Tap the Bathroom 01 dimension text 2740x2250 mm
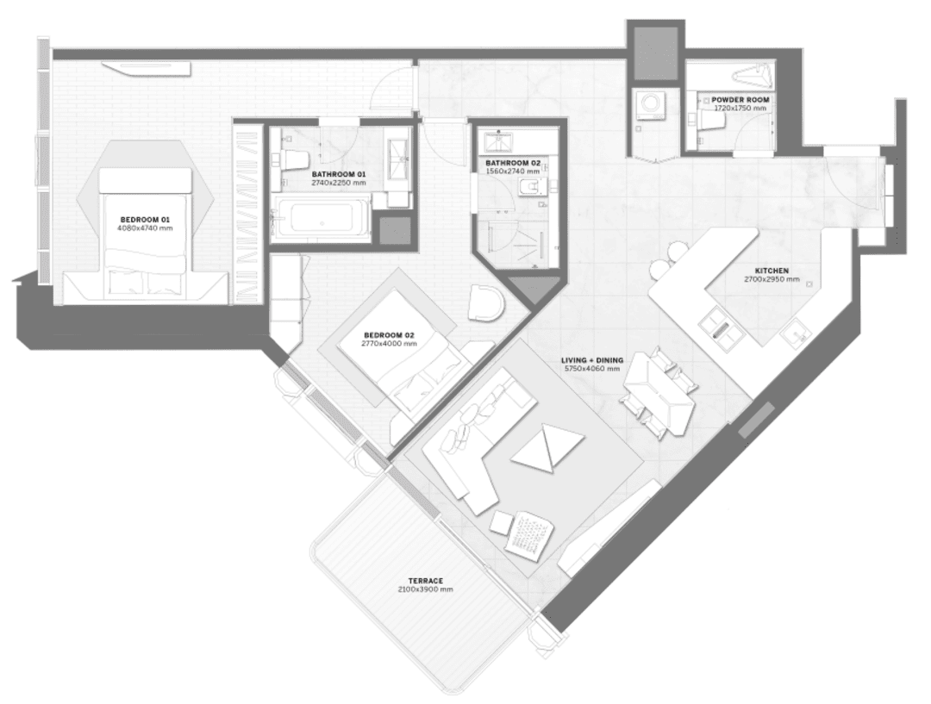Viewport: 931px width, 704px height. pyautogui.click(x=339, y=183)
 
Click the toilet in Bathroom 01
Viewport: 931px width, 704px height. pyautogui.click(x=293, y=160)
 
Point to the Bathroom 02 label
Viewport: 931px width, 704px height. pyautogui.click(x=513, y=163)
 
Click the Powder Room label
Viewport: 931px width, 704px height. pyautogui.click(x=740, y=100)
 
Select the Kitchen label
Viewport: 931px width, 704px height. pyautogui.click(x=772, y=271)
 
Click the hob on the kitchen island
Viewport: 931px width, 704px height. pyautogui.click(x=721, y=327)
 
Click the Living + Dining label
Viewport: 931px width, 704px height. pyautogui.click(x=592, y=360)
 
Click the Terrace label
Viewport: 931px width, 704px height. pyautogui.click(x=425, y=581)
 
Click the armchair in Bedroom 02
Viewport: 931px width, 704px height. pyautogui.click(x=486, y=302)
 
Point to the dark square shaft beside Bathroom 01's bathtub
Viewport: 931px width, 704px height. pyautogui.click(x=396, y=230)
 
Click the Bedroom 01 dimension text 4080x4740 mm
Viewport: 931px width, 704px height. pyautogui.click(x=144, y=228)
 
